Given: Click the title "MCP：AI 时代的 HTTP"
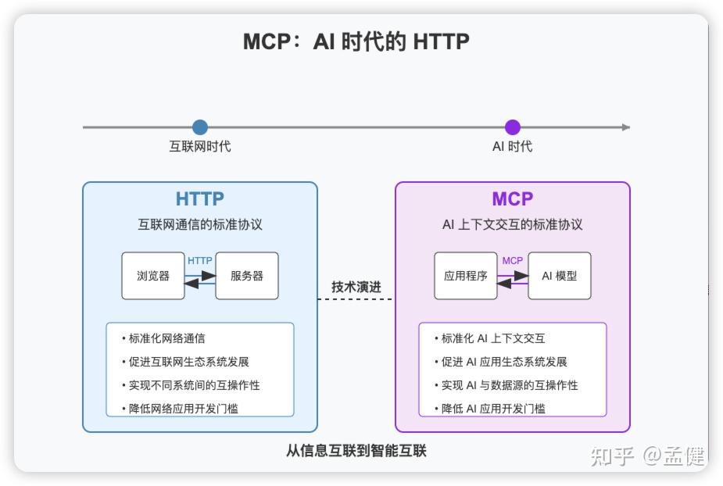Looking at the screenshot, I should tap(356, 41).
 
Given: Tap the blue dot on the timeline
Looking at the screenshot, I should tap(200, 127).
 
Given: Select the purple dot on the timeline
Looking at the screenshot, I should tap(513, 127).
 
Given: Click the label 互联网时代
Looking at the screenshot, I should tap(200, 146).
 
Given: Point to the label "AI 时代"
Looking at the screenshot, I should tap(513, 146).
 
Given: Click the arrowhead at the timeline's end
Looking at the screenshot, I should tap(625, 127).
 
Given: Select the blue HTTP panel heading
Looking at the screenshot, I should tap(200, 199).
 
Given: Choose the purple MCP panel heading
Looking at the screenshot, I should tap(513, 199).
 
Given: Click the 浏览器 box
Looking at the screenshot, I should tap(153, 276).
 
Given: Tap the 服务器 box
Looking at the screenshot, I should tap(247, 276).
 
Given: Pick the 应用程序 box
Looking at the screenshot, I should tap(466, 276).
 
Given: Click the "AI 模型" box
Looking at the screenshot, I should tap(560, 276).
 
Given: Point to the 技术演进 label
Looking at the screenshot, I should tap(356, 287).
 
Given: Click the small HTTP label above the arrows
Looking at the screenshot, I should tap(200, 260).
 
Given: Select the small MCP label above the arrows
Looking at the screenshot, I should tap(513, 260).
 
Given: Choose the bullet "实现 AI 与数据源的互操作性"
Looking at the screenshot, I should tap(510, 385).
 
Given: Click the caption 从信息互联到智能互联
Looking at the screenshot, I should tap(356, 451).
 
